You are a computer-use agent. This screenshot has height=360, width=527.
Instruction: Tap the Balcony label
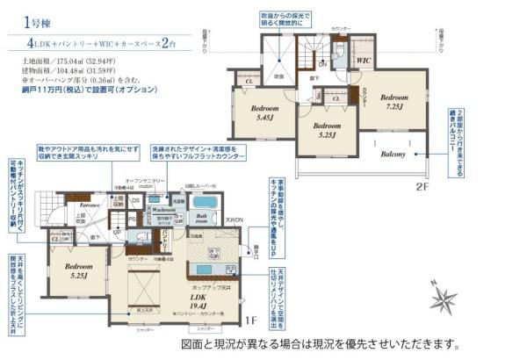pyautogui.click(x=392, y=155)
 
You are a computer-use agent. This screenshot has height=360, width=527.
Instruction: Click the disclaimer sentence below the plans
pyautogui.click(x=320, y=344)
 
